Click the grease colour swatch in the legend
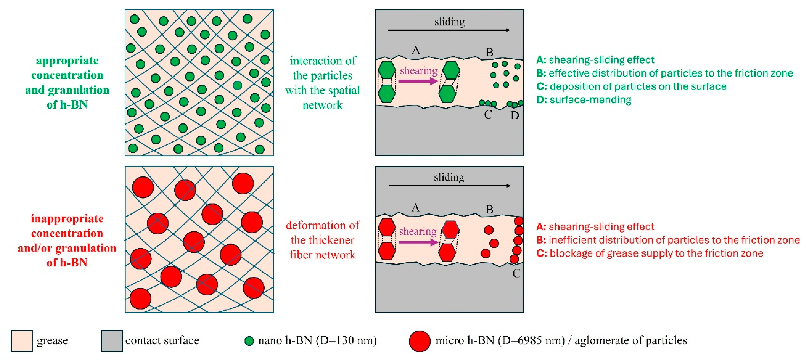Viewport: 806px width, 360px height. click(x=22, y=341)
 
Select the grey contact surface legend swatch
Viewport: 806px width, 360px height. click(x=112, y=341)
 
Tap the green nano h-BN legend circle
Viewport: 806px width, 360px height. click(x=249, y=341)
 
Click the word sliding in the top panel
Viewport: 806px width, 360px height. click(x=449, y=22)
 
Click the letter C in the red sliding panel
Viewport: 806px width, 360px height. click(x=516, y=273)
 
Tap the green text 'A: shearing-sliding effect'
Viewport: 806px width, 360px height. click(x=595, y=60)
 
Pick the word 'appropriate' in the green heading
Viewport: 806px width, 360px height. click(x=67, y=60)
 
